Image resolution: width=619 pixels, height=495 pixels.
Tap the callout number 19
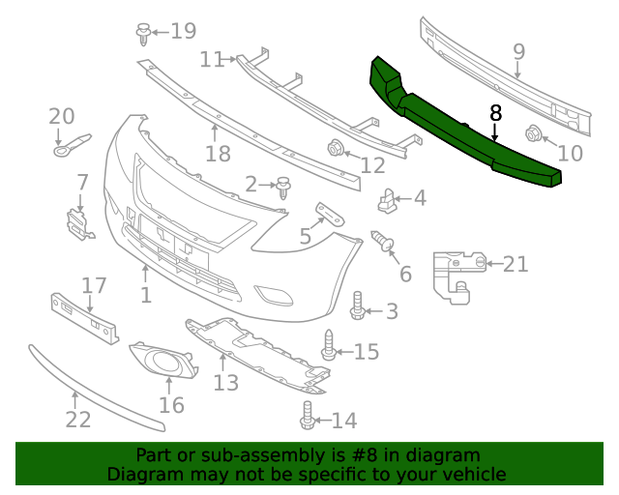(183, 32)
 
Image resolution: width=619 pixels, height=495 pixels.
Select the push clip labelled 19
(142, 34)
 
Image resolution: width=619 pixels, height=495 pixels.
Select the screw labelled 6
(383, 241)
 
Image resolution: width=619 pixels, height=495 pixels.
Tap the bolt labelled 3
(356, 306)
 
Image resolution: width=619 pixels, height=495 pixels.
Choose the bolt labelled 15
(329, 344)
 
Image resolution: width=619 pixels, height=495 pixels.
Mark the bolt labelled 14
(309, 415)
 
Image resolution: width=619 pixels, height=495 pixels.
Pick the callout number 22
(77, 419)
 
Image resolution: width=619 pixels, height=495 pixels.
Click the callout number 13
(225, 383)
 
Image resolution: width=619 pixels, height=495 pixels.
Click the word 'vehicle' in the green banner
(473, 475)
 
